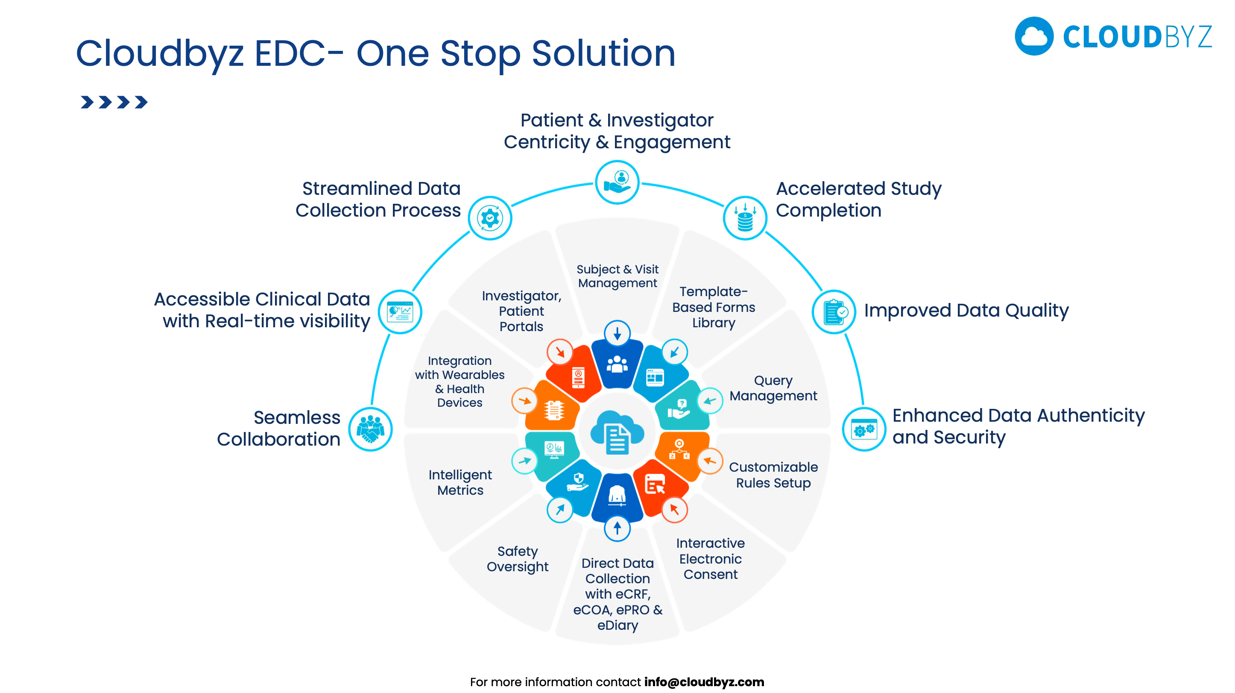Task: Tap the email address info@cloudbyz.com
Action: click(704, 681)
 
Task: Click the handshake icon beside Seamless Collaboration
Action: click(370, 429)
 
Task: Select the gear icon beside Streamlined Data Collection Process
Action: click(489, 219)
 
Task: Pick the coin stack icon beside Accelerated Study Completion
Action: click(745, 219)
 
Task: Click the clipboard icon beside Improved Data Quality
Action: click(834, 312)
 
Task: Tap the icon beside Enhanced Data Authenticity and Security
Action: click(863, 429)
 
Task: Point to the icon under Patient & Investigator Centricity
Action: click(617, 182)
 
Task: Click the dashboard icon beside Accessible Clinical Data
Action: click(400, 312)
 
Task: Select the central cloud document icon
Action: click(617, 432)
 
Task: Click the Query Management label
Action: click(773, 388)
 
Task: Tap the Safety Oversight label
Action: click(517, 559)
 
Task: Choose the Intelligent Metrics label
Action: click(460, 482)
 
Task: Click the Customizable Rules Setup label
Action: click(773, 475)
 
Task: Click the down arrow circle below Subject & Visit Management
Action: click(617, 333)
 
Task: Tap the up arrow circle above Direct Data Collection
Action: click(617, 528)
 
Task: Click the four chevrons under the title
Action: click(114, 102)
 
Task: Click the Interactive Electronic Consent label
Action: click(710, 559)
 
